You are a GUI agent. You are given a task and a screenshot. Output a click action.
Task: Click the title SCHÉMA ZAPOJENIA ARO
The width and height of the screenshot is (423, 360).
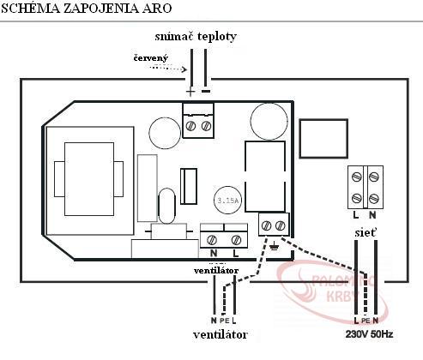(x=87, y=8)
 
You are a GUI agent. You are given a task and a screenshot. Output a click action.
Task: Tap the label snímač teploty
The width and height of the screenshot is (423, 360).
(x=196, y=37)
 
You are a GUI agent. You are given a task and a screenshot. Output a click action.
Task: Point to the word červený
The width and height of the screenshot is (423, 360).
(x=151, y=58)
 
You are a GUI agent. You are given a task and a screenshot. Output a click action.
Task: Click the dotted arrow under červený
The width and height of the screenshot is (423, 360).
(x=168, y=69)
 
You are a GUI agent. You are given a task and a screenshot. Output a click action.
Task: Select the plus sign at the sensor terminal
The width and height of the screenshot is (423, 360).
(x=190, y=92)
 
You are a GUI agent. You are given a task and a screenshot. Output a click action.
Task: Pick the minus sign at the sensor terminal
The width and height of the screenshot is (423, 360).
(x=206, y=92)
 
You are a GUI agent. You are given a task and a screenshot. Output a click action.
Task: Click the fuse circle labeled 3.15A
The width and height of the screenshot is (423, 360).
(x=228, y=201)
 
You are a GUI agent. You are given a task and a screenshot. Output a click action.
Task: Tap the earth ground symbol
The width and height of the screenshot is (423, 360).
(x=274, y=245)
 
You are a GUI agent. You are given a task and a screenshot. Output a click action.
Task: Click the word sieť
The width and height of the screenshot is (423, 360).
(x=366, y=232)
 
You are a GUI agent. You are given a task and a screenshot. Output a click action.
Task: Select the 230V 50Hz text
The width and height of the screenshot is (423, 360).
(x=369, y=334)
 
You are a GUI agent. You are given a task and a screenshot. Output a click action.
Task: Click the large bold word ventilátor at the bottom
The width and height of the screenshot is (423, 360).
(x=221, y=335)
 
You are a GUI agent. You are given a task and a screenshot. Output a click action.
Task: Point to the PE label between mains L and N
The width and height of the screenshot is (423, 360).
(x=366, y=321)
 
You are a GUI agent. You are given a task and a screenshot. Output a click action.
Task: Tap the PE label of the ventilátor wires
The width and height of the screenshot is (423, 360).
(x=225, y=321)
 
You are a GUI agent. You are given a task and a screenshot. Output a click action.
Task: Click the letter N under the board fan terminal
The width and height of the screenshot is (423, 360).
(x=214, y=253)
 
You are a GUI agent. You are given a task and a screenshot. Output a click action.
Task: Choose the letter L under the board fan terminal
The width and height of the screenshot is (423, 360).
(x=235, y=253)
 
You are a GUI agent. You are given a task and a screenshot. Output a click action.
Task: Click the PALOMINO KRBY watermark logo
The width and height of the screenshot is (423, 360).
(x=333, y=291)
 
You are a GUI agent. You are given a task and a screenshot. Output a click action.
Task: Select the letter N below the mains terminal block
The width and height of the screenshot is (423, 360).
(x=372, y=215)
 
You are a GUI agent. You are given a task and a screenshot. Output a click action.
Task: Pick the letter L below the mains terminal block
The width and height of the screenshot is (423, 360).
(x=356, y=215)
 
